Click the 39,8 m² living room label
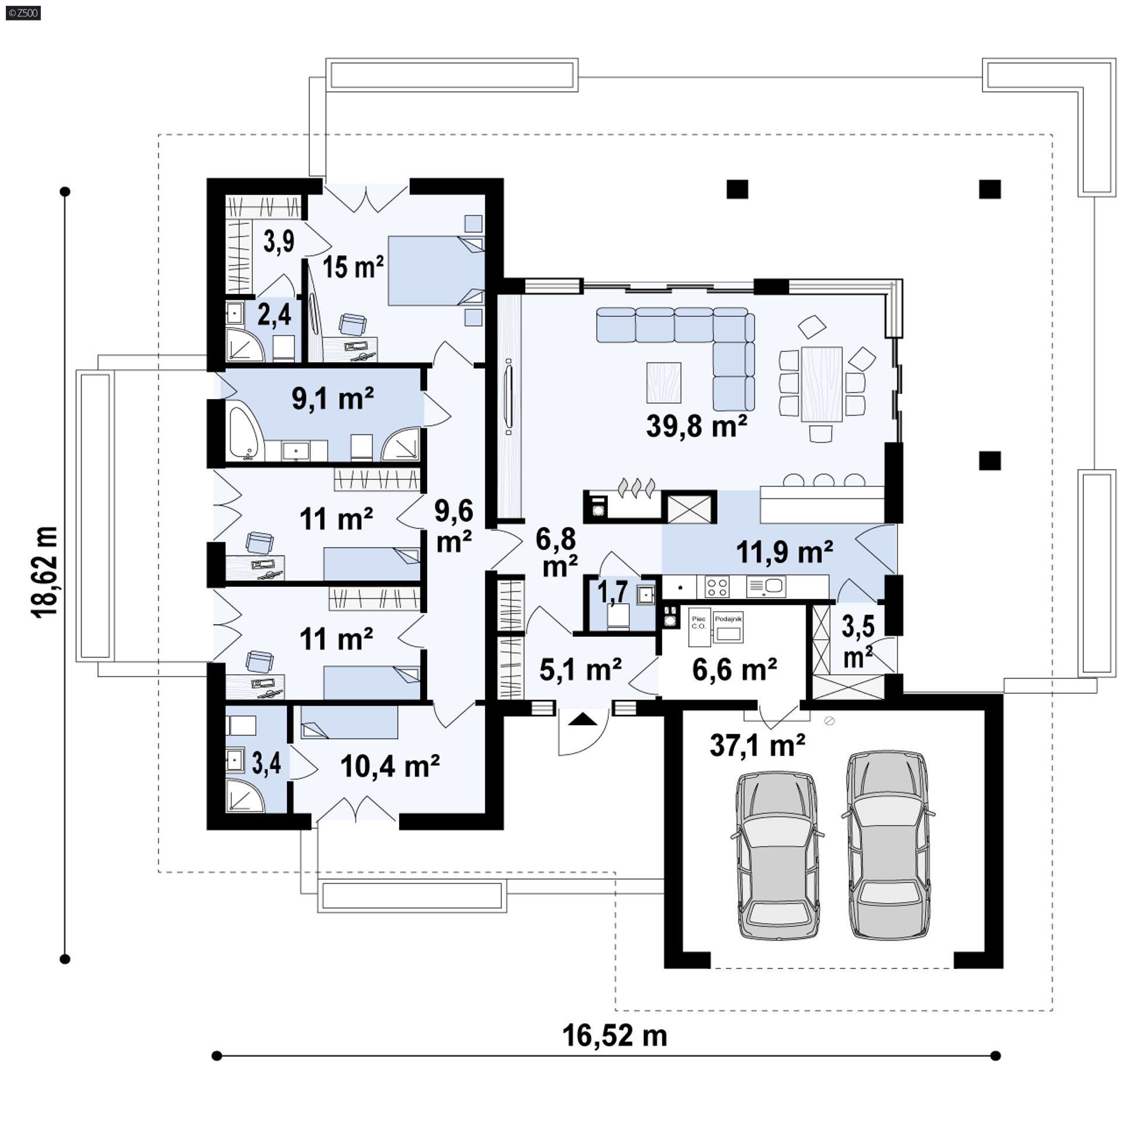tap(697, 426)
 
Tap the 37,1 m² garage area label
tap(757, 745)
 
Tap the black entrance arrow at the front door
tap(582, 718)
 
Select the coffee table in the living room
tap(664, 383)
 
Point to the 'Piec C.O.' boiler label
tap(698, 622)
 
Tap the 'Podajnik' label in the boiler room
tap(728, 618)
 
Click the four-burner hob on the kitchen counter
tap(718, 586)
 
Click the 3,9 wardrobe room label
tap(279, 241)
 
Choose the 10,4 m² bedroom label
tap(390, 766)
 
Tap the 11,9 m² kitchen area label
tap(784, 552)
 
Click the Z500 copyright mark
tap(24, 13)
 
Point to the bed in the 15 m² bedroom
tap(436, 271)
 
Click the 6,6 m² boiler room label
tap(735, 670)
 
